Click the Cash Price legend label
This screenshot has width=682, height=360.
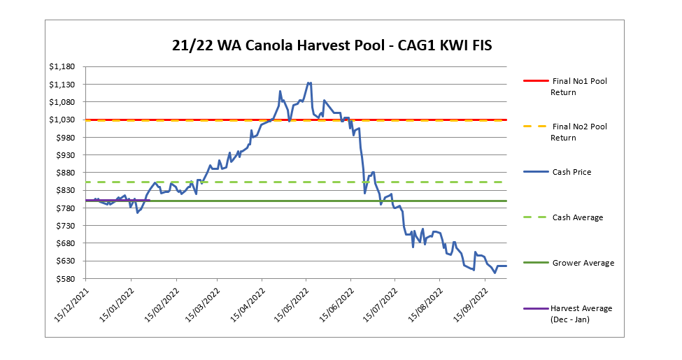point(571,172)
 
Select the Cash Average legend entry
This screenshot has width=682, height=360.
point(577,217)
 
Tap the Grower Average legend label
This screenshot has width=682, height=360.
point(583,263)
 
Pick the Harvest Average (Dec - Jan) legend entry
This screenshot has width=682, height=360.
point(581,312)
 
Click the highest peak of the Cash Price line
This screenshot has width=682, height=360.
point(308,82)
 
